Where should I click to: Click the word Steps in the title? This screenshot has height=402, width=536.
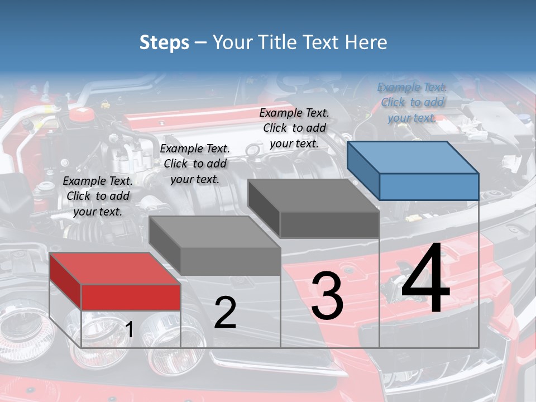(x=164, y=42)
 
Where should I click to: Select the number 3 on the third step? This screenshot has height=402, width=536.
(x=327, y=296)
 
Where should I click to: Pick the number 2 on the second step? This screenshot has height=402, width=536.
(x=225, y=313)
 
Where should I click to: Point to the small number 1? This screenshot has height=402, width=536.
(x=130, y=330)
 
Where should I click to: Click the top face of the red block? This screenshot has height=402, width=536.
(x=114, y=269)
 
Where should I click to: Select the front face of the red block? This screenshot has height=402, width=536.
(x=131, y=297)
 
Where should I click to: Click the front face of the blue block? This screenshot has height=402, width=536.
(x=429, y=186)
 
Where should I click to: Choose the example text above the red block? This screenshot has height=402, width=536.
(x=98, y=196)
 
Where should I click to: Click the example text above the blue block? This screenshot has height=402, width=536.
(x=412, y=102)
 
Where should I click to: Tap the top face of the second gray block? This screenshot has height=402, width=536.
(x=214, y=231)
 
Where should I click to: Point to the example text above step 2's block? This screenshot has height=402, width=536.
(x=195, y=164)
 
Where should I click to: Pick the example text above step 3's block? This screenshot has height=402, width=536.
(x=294, y=128)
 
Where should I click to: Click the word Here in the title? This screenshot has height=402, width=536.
(x=366, y=42)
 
